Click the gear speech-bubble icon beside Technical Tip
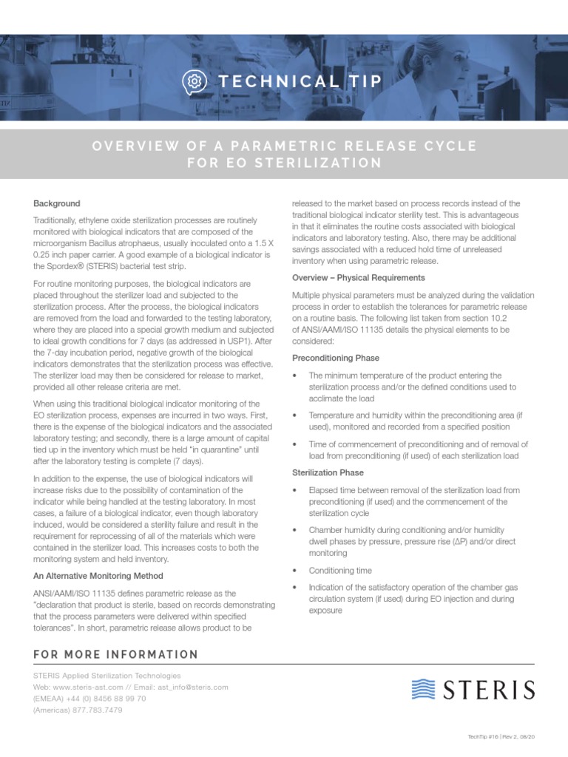195,81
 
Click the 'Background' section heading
57,203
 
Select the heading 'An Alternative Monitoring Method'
98,575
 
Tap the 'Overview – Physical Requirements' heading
359,277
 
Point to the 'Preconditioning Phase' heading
336,358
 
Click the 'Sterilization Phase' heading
328,472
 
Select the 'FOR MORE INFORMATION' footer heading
116,654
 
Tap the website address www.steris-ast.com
88,687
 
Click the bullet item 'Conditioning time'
340,571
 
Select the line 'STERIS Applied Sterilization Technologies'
106,675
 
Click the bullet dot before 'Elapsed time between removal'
296,490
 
